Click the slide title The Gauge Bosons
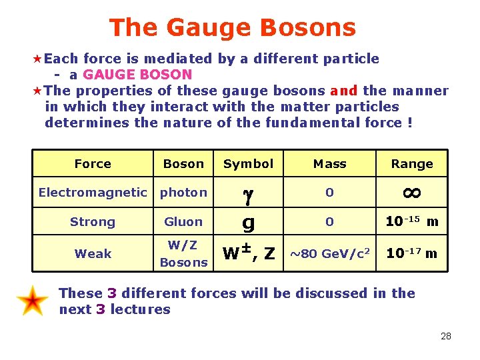(233, 27)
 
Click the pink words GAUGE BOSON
(137, 75)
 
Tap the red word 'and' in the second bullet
(344, 91)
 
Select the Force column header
(93, 164)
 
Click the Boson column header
(183, 164)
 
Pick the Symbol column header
(248, 164)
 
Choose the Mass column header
(330, 164)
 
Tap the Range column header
(412, 164)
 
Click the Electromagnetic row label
(93, 193)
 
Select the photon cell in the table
(183, 193)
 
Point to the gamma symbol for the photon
(248, 195)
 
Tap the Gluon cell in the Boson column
(183, 222)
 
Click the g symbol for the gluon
(248, 223)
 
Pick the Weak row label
(93, 254)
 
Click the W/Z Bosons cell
(183, 254)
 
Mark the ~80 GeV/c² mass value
(330, 254)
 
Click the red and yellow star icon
(33, 301)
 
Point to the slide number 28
(446, 336)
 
